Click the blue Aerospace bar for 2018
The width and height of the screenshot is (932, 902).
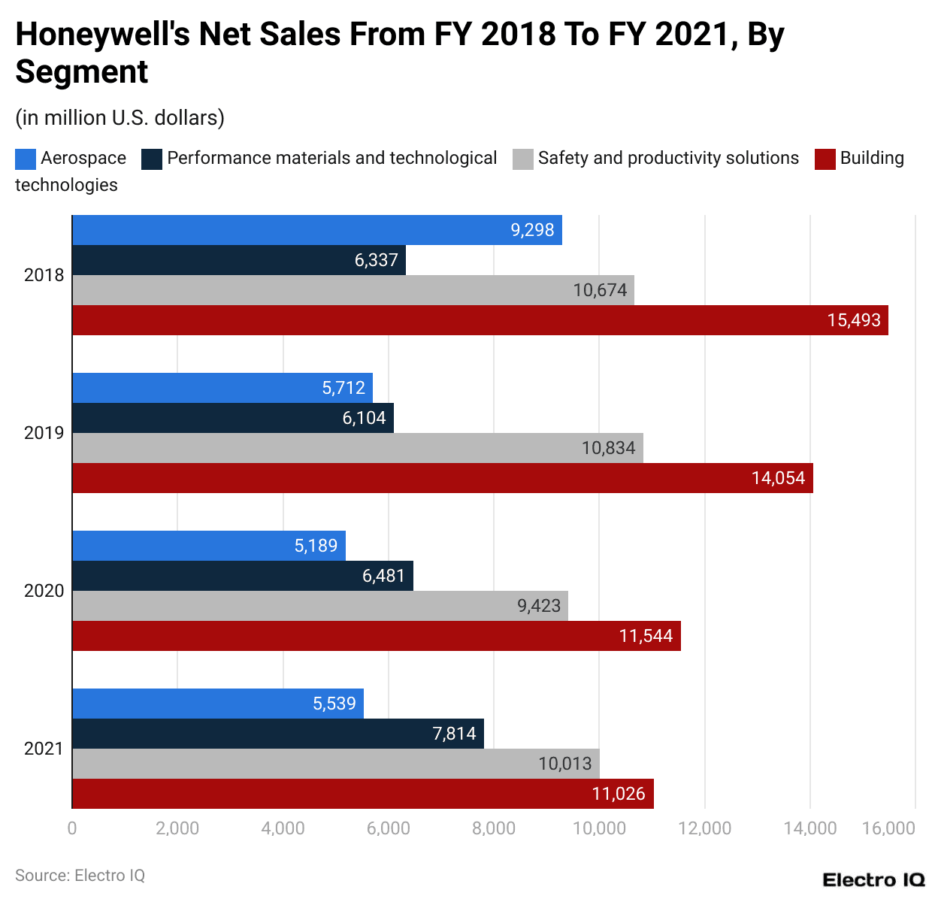[x=316, y=230]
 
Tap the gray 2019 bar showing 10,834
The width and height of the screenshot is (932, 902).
[x=357, y=448]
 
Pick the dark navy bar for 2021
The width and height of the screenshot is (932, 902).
[x=277, y=734]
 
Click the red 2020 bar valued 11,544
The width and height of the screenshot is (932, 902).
[x=376, y=636]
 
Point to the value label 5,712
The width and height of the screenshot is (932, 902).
[x=343, y=388]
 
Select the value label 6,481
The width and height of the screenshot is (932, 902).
[x=383, y=576]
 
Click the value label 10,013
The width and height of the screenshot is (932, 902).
[x=564, y=764]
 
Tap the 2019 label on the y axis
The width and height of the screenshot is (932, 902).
[x=44, y=433]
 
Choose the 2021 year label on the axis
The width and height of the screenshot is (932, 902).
[x=44, y=749]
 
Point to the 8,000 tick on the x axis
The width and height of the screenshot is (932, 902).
[x=494, y=828]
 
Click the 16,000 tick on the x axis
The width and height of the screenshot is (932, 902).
[x=888, y=828]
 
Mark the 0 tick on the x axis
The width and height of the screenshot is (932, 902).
[x=72, y=828]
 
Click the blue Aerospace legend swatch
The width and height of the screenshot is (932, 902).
[x=26, y=159]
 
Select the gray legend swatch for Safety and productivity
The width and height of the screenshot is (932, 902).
[x=523, y=159]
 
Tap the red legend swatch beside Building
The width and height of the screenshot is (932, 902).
[x=825, y=159]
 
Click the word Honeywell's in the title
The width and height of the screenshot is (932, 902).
[x=102, y=35]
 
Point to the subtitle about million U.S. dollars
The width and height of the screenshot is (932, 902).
[x=120, y=118]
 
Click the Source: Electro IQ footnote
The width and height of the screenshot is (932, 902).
[x=80, y=876]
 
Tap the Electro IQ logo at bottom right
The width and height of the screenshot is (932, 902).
[x=873, y=880]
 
